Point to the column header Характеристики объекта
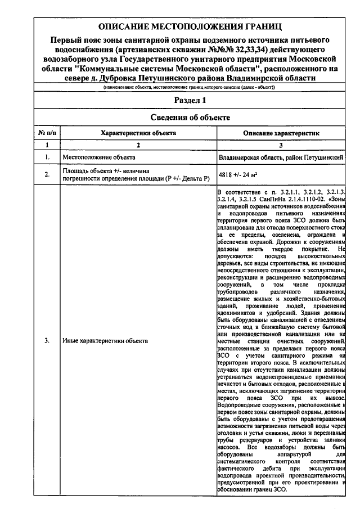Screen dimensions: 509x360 (138, 133)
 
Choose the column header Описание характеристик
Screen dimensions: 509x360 (281, 133)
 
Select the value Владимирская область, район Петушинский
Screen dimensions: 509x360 (281, 158)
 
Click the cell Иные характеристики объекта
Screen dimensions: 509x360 (105, 341)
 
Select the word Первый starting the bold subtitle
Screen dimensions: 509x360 (66, 40)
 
